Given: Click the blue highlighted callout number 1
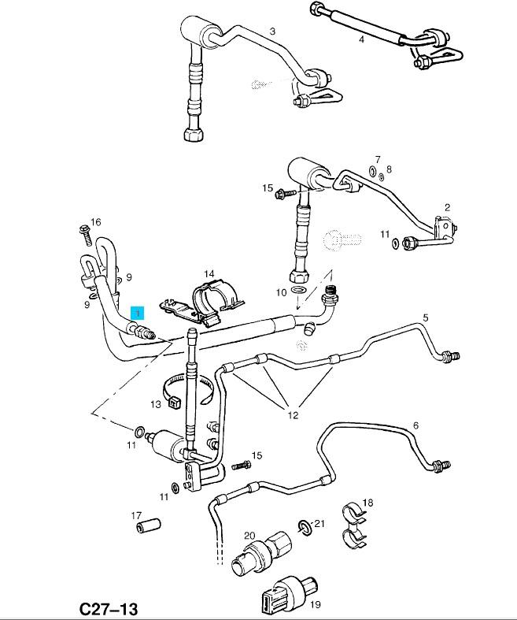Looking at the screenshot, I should tap(138, 313).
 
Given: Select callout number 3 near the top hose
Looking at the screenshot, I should tap(272, 32).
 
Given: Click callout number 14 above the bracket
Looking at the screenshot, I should tap(209, 274).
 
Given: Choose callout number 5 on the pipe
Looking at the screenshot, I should tap(426, 317).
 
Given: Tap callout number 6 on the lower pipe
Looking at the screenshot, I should tap(415, 425).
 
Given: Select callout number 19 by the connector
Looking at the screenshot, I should tap(315, 604).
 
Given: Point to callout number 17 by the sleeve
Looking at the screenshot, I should tap(135, 516).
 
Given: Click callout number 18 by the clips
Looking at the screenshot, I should tap(367, 503).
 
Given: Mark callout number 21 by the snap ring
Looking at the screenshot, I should tap(319, 523).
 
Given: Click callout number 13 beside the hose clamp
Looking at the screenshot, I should tap(156, 404).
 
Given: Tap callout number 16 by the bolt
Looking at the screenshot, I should tap(96, 223).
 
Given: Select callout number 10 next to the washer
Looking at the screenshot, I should tap(281, 292).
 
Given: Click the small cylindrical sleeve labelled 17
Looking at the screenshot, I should tap(149, 525).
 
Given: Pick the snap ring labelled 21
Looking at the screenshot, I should tap(304, 526).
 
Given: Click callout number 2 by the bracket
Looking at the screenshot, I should tap(447, 207).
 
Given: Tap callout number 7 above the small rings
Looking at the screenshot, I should tap(378, 159).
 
